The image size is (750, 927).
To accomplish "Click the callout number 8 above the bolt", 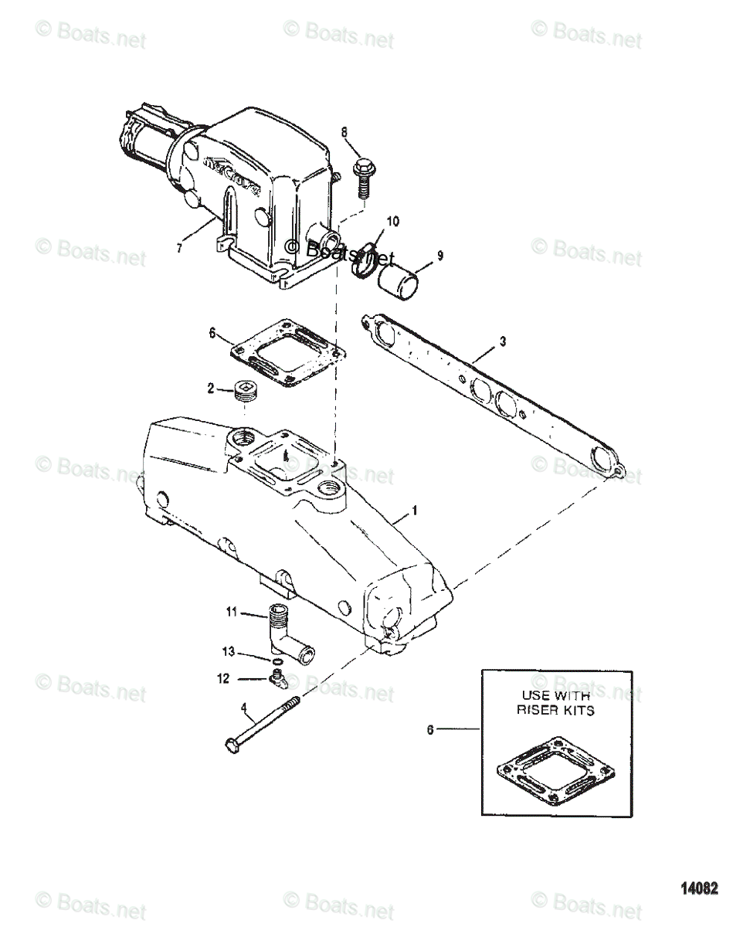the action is pos(344,132).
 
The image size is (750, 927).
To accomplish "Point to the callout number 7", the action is pos(179,248).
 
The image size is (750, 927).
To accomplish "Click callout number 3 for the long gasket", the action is pos(502,319).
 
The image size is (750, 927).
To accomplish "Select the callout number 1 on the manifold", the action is pos(414,511).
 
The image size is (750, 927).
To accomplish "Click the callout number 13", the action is pos(229,653).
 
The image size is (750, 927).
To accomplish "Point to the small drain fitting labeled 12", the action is pos(275,680).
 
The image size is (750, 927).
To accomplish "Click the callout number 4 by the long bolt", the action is pos(245,707).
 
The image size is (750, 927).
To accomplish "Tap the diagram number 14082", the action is pos(698,887).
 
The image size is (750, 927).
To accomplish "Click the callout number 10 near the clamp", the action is pos(392,222).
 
